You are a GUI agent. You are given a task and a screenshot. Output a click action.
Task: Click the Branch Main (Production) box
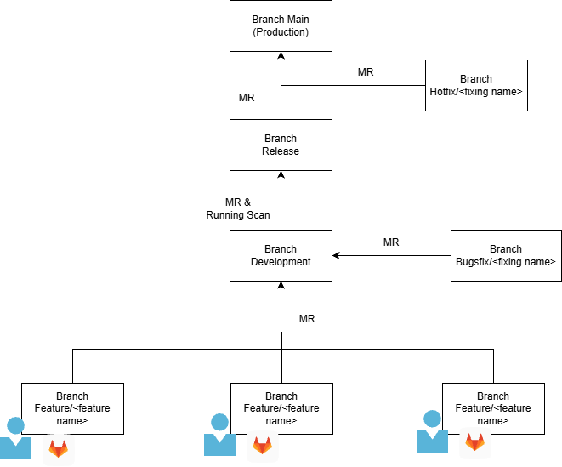click(281, 26)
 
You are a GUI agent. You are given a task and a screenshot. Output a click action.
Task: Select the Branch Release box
click(281, 145)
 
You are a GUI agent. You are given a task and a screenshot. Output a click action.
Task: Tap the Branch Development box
click(281, 255)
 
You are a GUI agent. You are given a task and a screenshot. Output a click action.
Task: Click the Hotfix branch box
click(476, 85)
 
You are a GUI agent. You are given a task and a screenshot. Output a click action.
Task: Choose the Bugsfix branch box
click(506, 255)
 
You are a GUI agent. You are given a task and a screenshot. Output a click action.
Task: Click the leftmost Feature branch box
click(72, 408)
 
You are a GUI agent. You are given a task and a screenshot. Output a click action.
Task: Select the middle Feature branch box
click(281, 408)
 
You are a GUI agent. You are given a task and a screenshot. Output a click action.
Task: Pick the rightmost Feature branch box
click(493, 408)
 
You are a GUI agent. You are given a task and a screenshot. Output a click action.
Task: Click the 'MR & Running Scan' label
click(238, 208)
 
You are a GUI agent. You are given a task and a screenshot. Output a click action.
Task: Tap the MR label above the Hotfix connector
click(366, 72)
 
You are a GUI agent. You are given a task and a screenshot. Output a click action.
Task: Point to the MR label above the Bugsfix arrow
click(391, 242)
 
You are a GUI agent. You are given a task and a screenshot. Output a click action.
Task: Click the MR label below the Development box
click(307, 319)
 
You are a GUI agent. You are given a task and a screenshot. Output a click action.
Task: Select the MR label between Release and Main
click(247, 98)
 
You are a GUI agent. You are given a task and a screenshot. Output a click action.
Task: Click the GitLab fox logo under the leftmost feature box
click(58, 447)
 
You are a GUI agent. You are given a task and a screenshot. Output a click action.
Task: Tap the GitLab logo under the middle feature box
click(262, 445)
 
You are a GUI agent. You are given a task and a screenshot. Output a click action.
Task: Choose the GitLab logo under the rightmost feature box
click(475, 442)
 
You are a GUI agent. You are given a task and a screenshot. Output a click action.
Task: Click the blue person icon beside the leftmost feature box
click(14, 439)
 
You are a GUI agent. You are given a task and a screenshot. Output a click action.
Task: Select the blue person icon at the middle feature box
click(219, 435)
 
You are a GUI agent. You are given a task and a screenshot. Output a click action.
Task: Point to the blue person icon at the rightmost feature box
click(432, 431)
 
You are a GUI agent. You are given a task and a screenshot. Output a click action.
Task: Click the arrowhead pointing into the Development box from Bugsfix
click(337, 255)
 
